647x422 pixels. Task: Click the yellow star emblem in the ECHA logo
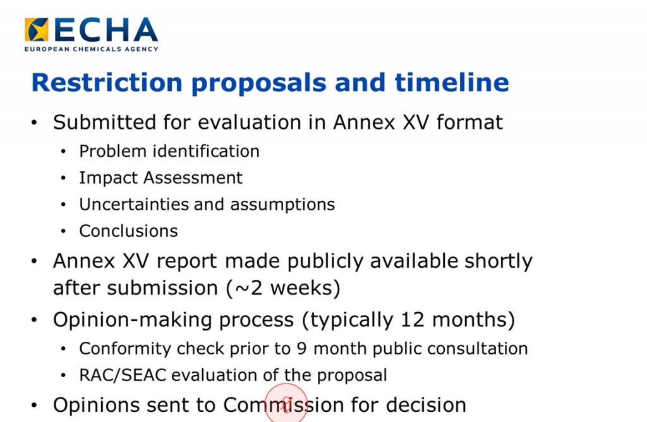click(x=36, y=29)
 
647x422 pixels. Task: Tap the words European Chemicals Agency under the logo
click(x=91, y=49)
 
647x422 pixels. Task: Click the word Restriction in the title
click(x=107, y=82)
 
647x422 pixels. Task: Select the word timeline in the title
click(x=452, y=82)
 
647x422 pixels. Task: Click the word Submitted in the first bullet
click(x=105, y=122)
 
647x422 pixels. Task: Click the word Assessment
click(x=193, y=178)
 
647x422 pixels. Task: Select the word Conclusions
click(x=129, y=231)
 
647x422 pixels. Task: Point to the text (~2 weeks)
click(x=284, y=288)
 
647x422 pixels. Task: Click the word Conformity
click(x=125, y=349)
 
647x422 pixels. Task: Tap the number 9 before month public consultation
click(x=301, y=349)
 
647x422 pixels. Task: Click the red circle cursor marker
click(x=286, y=402)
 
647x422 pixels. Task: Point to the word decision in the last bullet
click(x=426, y=405)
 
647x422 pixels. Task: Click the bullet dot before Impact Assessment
click(x=63, y=178)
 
